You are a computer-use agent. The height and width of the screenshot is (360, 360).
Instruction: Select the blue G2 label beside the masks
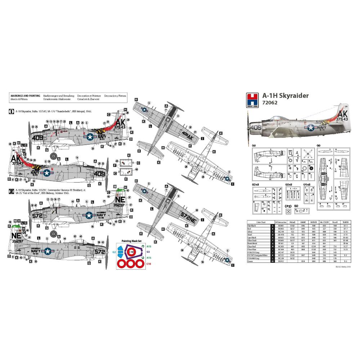[x=114, y=252]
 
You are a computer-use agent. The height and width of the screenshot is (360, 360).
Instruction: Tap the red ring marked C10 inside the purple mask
[x=132, y=252]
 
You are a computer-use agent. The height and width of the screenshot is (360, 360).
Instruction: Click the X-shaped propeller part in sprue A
[x=307, y=154]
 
